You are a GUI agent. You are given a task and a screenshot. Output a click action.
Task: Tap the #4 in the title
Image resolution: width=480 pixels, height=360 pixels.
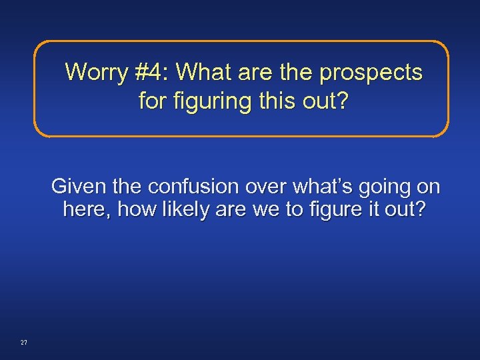tap(159, 72)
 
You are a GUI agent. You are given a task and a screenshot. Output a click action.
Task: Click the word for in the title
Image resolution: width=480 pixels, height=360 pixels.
tap(153, 102)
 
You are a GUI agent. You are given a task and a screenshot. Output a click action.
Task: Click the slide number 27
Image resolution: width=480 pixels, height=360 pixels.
tap(24, 343)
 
